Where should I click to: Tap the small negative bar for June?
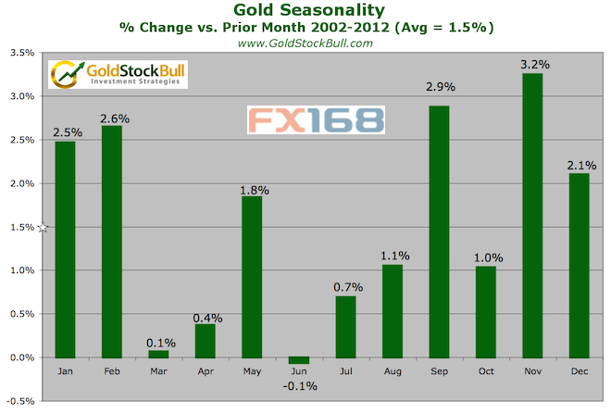coord(300,360)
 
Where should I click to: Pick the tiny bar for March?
coord(158,354)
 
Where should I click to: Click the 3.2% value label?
coord(536,64)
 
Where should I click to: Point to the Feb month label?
coord(111,373)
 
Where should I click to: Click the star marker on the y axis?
coord(42,227)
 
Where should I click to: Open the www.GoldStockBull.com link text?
coord(305,43)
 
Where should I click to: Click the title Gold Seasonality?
coord(305,9)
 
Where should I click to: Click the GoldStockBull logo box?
coord(117,74)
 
